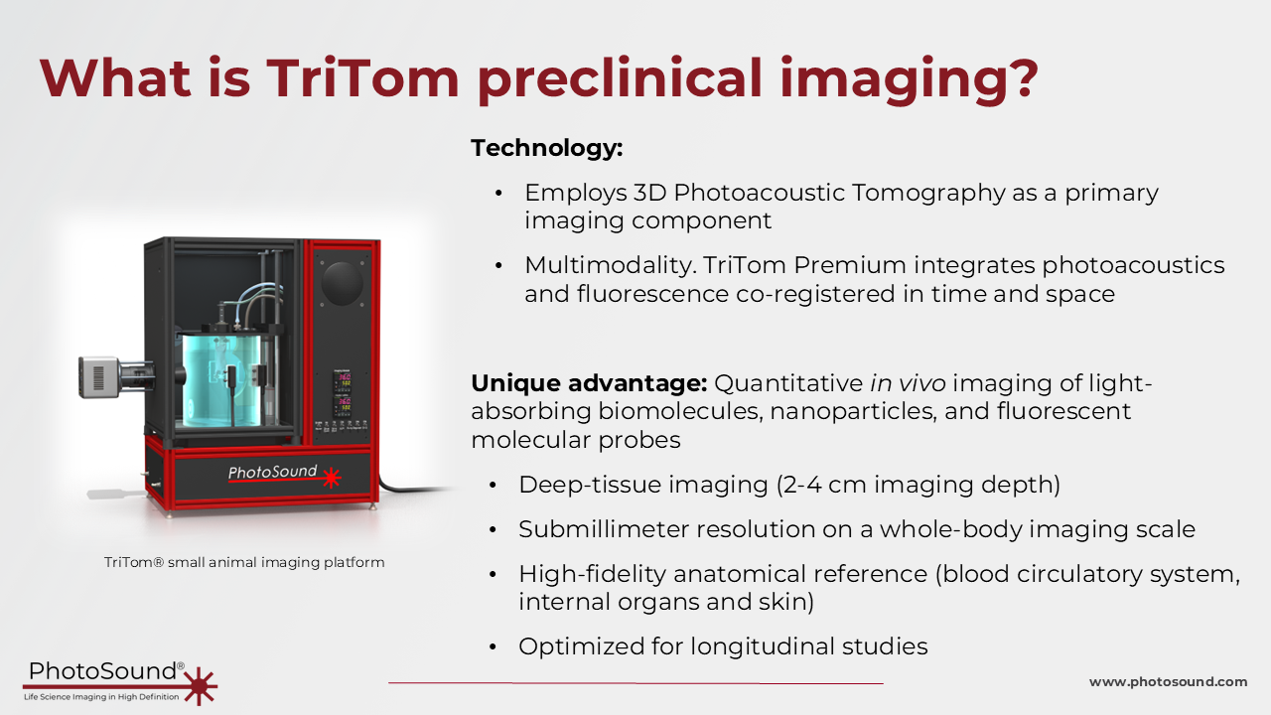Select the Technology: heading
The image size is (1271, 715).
pos(547,148)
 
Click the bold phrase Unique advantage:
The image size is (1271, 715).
pos(589,383)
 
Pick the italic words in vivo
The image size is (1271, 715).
pos(908,383)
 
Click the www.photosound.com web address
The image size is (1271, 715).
pos(1168,681)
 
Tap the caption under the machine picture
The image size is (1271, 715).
pos(244,562)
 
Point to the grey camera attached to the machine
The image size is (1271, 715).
pos(98,376)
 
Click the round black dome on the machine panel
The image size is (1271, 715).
pos(343,283)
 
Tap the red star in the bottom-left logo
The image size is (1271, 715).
pos(200,685)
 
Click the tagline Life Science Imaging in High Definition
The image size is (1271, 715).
pos(101,697)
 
